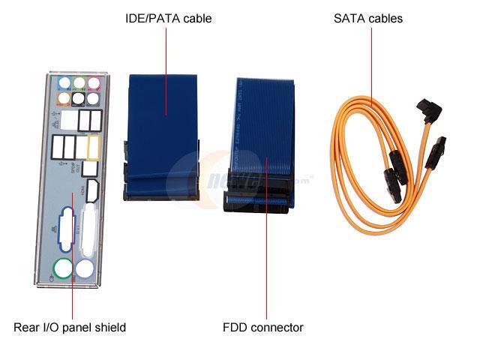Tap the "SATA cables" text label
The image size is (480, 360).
pos(368,18)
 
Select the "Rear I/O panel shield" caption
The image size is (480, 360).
pos(70,328)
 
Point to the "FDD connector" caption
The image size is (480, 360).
pos(262,328)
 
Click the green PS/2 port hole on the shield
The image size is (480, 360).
pos(62,270)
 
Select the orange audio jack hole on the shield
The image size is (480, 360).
pos(64,98)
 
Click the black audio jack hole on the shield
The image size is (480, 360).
pos(93,98)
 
